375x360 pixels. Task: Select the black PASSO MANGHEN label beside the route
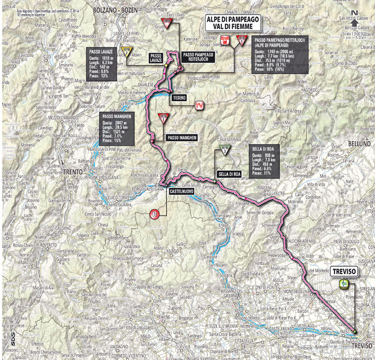183,138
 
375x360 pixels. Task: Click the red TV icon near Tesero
198,106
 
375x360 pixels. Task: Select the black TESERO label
179,97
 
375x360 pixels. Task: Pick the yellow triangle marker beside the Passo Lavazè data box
126,51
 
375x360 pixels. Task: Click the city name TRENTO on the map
73,172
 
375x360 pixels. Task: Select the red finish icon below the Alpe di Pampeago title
225,41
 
